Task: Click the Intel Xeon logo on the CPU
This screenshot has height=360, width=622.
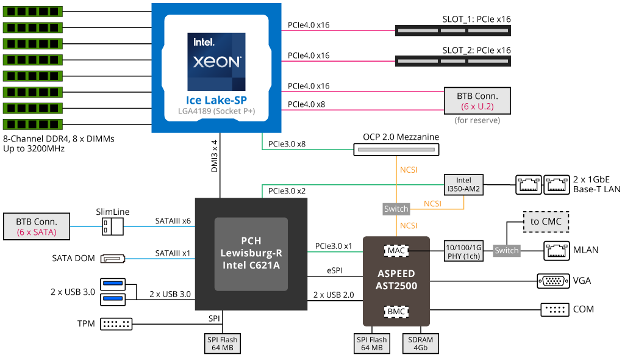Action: click(216, 61)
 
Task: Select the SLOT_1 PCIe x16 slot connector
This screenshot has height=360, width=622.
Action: click(452, 29)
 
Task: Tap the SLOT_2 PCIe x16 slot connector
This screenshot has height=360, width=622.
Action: click(452, 60)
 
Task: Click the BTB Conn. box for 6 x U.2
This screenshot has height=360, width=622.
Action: click(477, 101)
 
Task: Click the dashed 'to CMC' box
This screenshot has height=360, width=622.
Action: click(546, 221)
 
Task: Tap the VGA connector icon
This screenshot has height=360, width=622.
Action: click(553, 281)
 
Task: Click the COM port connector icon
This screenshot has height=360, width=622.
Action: click(553, 309)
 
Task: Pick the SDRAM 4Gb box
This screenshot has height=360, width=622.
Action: click(420, 344)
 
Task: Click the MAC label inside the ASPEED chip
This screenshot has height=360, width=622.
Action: click(395, 250)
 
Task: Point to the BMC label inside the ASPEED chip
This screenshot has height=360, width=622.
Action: click(395, 312)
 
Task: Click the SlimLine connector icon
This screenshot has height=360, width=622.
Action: click(113, 227)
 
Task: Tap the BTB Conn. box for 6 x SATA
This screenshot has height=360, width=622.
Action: click(36, 226)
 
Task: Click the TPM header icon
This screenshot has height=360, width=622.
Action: click(115, 323)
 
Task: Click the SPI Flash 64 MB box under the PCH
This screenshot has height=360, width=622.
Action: click(223, 344)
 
